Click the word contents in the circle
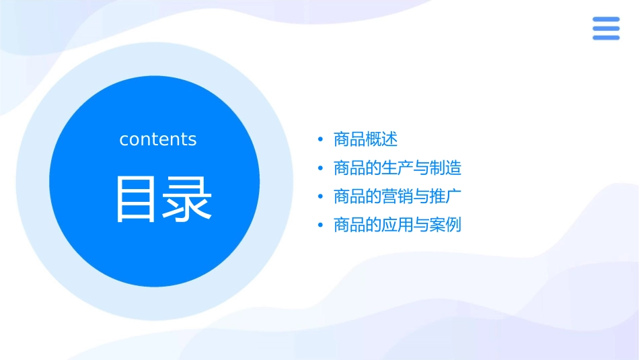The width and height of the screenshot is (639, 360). [x=158, y=139]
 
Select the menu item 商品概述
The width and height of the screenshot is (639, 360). [x=365, y=139]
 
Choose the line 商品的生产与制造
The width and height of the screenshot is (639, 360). [x=397, y=168]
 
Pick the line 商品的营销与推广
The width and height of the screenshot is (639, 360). [x=397, y=196]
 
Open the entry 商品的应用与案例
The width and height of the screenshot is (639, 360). [x=397, y=225]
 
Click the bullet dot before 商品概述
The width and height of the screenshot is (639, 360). [x=320, y=140]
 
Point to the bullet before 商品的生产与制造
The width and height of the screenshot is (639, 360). [x=320, y=168]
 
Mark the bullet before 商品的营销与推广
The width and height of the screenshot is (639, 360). [x=320, y=197]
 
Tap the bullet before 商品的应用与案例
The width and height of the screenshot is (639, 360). [x=320, y=225]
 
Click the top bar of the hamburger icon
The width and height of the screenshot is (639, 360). [x=605, y=20]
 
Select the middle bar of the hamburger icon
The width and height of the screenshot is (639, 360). [x=605, y=28]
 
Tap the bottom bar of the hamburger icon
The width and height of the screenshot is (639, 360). [x=605, y=37]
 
